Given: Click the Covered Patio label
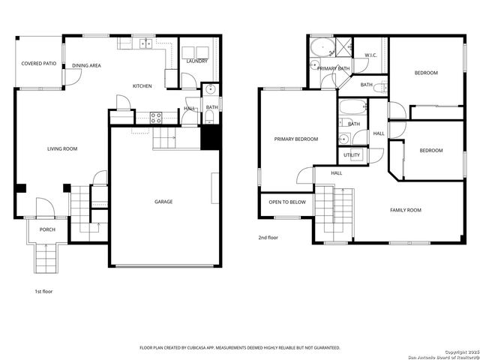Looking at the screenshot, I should [39, 64].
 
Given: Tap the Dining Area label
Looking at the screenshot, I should [87, 66].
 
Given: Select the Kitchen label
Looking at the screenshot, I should [142, 86].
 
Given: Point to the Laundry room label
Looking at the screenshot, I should [196, 61].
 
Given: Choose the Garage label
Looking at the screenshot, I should [163, 202].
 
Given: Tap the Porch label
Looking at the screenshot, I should [48, 229].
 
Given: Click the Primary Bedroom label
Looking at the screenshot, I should [296, 139].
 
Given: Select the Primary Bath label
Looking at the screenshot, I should [333, 69].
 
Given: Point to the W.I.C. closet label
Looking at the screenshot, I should [370, 55].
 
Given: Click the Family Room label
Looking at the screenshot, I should [406, 210].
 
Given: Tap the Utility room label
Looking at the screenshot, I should [352, 155].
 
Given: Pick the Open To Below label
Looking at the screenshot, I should [287, 202].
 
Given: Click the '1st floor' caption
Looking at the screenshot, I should [43, 291].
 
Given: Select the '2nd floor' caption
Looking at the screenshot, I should [268, 238].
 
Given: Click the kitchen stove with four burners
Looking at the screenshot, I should [156, 117].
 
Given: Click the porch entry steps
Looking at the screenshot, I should [46, 259].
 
